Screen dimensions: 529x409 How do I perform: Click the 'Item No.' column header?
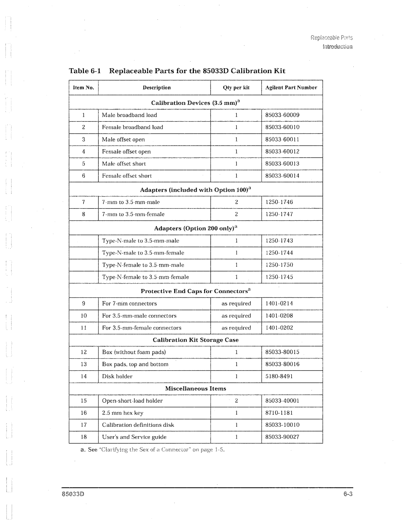pyautogui.click(x=83, y=87)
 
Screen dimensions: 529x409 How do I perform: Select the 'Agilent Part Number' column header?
pyautogui.click(x=291, y=87)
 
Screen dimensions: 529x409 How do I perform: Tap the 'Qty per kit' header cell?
pyautogui.click(x=236, y=87)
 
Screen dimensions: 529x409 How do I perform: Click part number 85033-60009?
pyautogui.click(x=282, y=115)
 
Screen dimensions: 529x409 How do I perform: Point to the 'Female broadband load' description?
pyautogui.click(x=133, y=127)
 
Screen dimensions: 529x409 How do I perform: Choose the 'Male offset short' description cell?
pyautogui.click(x=124, y=164)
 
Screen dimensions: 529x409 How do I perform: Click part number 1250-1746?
pyautogui.click(x=279, y=202)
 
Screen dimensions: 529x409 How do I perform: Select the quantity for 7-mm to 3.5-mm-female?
pyautogui.click(x=236, y=214)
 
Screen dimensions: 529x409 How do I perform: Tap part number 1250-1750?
pyautogui.click(x=279, y=265)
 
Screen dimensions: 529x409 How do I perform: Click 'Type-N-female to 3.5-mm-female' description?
pyautogui.click(x=145, y=277)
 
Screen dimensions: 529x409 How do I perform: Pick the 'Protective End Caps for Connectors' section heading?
pyautogui.click(x=195, y=291)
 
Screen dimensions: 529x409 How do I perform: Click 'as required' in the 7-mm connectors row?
pyautogui.click(x=236, y=304)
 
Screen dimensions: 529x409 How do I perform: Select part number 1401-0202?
pyautogui.click(x=279, y=328)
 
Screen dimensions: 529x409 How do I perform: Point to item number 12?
pyautogui.click(x=84, y=352)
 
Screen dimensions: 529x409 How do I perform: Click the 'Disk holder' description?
pyautogui.click(x=117, y=376)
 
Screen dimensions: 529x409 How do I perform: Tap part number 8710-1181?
pyautogui.click(x=279, y=413)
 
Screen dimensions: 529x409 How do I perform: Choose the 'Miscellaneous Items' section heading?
pyautogui.click(x=195, y=389)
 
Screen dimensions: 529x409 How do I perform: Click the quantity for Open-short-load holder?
pyautogui.click(x=236, y=401)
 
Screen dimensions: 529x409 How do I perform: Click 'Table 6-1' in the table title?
pyautogui.click(x=84, y=71)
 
